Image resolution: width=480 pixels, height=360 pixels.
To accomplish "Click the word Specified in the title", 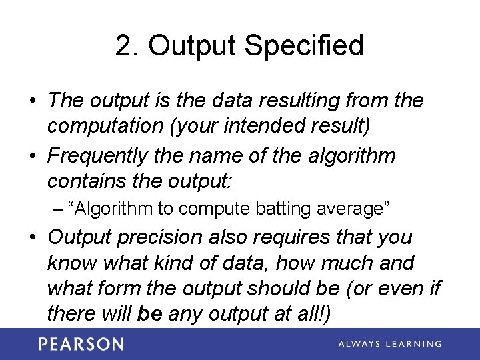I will [x=304, y=46].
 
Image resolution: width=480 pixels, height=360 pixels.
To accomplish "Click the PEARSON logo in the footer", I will [x=81, y=344].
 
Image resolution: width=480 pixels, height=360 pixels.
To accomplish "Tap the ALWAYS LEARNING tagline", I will [x=389, y=344].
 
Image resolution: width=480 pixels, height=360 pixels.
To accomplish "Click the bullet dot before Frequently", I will [x=33, y=157].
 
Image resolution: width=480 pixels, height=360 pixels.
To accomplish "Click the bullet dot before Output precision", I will [x=33, y=238].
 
